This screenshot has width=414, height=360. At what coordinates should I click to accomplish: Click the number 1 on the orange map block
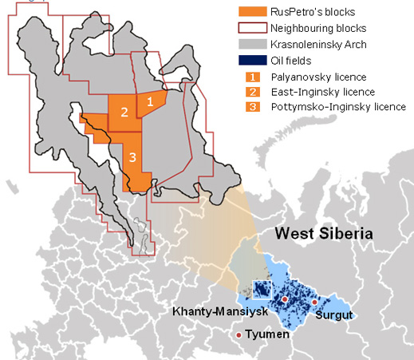click(x=149, y=101)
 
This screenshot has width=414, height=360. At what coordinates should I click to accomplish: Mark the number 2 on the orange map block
click(x=124, y=113)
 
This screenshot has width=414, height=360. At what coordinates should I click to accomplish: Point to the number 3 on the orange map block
click(x=133, y=156)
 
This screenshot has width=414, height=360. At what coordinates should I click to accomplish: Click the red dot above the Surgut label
click(x=314, y=302)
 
